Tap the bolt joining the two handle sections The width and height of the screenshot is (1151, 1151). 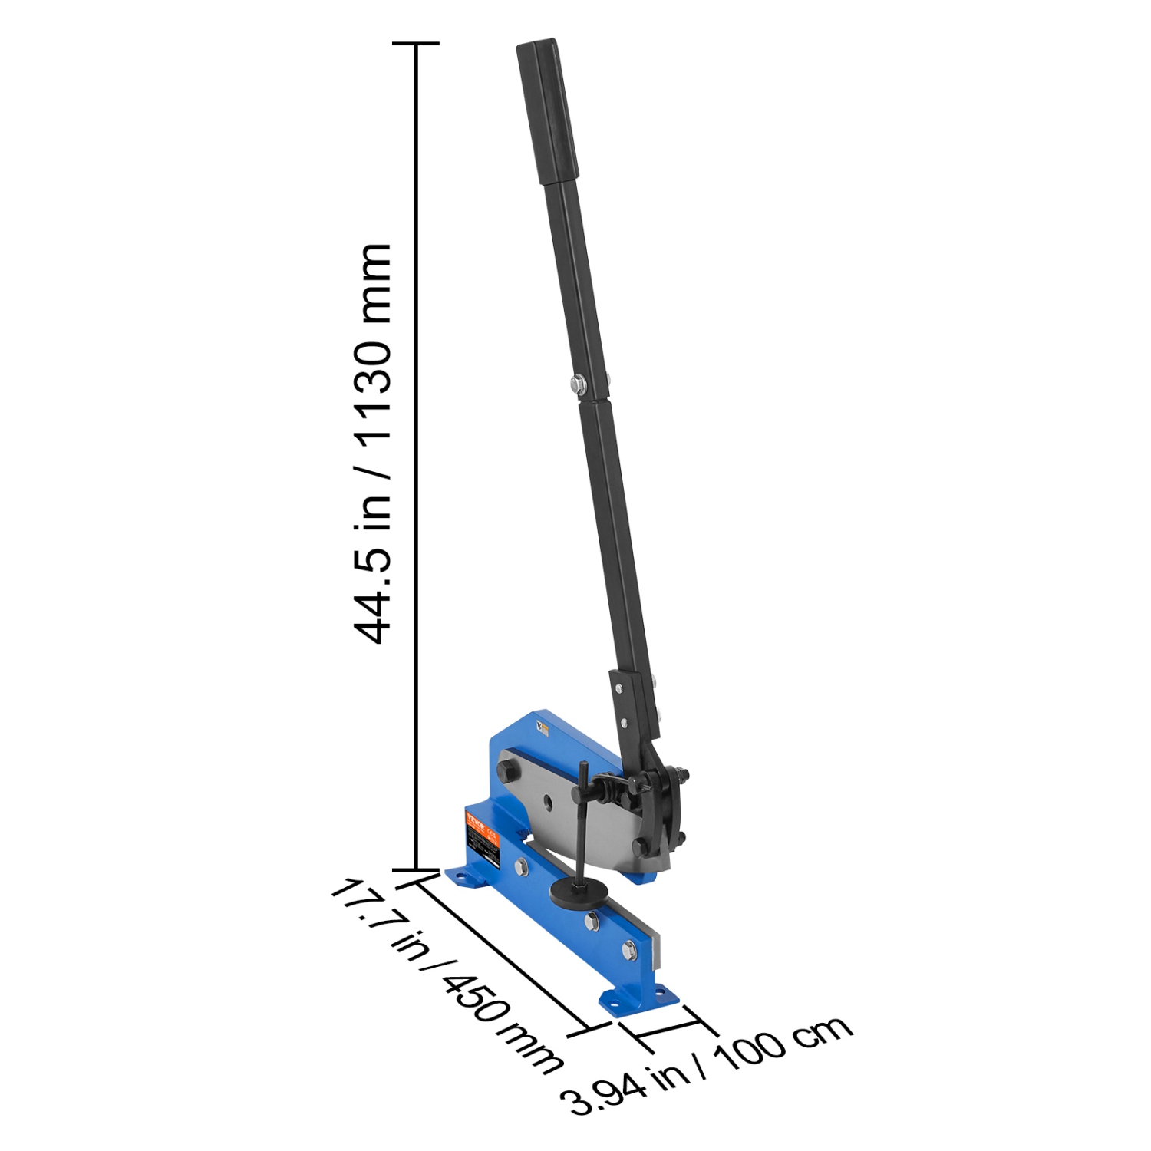pos(576,381)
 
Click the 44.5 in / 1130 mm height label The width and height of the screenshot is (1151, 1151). pos(374,443)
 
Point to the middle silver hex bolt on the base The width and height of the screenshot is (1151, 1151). pos(592,920)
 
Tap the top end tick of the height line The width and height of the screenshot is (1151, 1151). pos(416,44)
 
